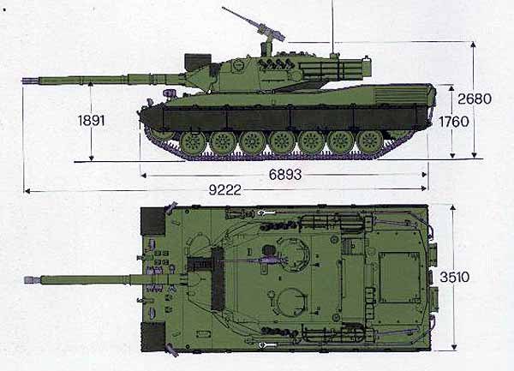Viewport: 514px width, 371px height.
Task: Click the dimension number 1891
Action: click(92, 121)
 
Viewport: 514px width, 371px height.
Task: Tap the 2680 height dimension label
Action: click(475, 99)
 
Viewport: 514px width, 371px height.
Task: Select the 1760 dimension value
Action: click(454, 122)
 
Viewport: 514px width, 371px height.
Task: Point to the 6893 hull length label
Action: click(285, 175)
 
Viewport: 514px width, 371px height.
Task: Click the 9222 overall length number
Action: click(224, 189)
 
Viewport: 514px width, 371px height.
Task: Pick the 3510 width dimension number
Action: click(454, 278)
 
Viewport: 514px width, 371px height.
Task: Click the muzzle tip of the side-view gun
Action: click(23, 81)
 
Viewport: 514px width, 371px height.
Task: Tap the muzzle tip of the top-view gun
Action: click(26, 280)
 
